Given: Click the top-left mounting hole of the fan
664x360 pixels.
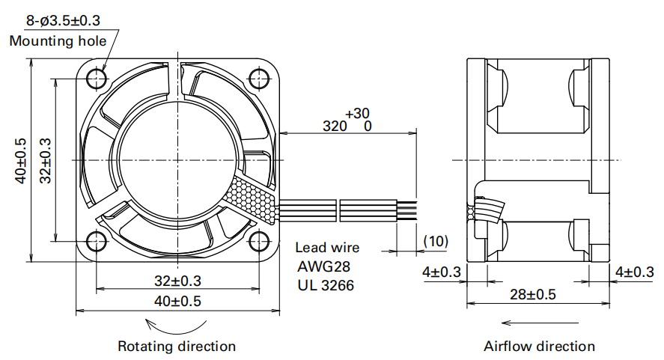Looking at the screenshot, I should (x=97, y=78).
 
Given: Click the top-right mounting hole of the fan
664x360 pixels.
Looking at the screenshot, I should (x=260, y=78).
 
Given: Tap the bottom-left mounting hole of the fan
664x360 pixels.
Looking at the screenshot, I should (x=97, y=241).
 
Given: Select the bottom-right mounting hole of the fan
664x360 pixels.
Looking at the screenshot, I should (x=260, y=241).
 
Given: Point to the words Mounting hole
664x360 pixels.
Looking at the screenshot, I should (x=58, y=40).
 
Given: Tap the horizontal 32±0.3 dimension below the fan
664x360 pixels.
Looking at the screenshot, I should (x=177, y=281).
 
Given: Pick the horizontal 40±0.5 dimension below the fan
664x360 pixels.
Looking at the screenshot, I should (x=177, y=301).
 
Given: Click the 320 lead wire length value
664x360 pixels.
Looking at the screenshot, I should (x=335, y=126).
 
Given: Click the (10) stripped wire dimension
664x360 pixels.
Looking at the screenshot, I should (x=435, y=241).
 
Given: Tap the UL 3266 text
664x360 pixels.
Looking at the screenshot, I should (x=326, y=285).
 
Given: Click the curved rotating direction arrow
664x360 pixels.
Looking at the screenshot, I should (x=177, y=326).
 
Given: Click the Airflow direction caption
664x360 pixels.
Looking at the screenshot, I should (x=539, y=347).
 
